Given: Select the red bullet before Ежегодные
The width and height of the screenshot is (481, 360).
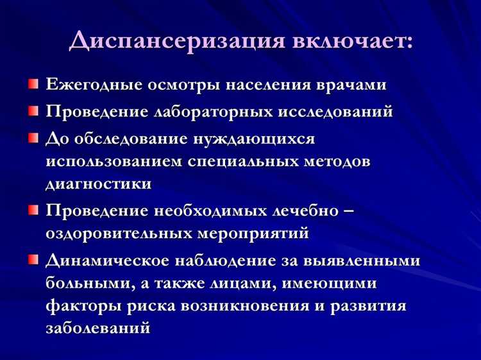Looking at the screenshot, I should coord(33,84).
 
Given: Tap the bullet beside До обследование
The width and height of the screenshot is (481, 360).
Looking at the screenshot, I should coord(33,138).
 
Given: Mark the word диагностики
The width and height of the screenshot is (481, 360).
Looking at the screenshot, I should coord(99,184).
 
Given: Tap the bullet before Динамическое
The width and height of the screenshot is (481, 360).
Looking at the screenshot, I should coord(33,260).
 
